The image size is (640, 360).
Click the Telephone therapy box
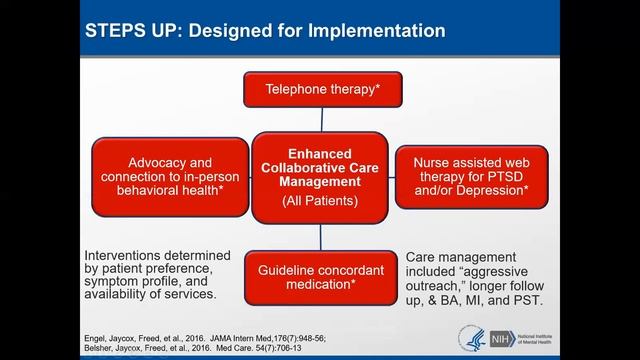click(319, 88)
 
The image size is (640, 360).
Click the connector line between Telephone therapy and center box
click(320, 118)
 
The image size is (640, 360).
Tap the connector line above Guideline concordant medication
click(320, 237)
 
